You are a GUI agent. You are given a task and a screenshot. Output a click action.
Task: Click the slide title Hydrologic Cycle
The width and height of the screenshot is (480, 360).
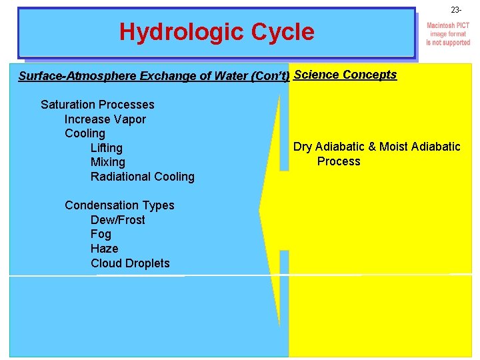pyautogui.click(x=217, y=32)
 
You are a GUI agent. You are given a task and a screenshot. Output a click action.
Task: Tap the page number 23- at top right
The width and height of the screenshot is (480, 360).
pyautogui.click(x=456, y=10)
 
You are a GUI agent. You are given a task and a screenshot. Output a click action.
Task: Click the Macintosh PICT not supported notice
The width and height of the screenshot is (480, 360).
pyautogui.click(x=448, y=34)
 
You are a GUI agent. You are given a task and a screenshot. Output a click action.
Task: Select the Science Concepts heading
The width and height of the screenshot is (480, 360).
pyautogui.click(x=345, y=75)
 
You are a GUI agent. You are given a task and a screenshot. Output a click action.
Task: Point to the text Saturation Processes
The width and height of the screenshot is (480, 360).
pyautogui.click(x=97, y=105)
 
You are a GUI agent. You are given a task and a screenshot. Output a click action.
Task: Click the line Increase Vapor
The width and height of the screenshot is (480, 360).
pyautogui.click(x=105, y=119)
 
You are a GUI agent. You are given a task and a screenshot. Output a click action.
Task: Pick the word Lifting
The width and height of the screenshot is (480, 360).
pyautogui.click(x=107, y=148)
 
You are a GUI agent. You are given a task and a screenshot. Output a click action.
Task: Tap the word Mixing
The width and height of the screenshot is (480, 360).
pyautogui.click(x=108, y=162)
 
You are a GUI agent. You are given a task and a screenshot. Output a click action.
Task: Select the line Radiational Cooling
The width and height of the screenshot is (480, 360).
pyautogui.click(x=143, y=177)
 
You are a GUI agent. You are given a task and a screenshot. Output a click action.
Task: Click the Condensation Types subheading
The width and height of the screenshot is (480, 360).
pyautogui.click(x=119, y=205)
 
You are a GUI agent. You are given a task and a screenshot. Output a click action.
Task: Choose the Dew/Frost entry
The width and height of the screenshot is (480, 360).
pyautogui.click(x=118, y=220)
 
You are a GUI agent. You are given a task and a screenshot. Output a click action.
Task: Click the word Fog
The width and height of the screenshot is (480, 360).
pyautogui.click(x=101, y=234)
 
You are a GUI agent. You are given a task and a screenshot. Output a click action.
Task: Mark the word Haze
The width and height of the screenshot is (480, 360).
pyautogui.click(x=105, y=249)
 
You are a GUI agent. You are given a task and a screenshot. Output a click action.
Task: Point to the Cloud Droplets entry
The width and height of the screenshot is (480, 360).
pyautogui.click(x=130, y=263)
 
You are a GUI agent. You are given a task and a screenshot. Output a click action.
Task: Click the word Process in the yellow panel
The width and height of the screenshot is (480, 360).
pyautogui.click(x=339, y=161)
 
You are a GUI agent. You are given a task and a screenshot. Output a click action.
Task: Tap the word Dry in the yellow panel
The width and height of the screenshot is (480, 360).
pyautogui.click(x=303, y=147)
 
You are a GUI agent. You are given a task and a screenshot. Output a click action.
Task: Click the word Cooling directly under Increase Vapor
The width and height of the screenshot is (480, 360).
pyautogui.click(x=85, y=133)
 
